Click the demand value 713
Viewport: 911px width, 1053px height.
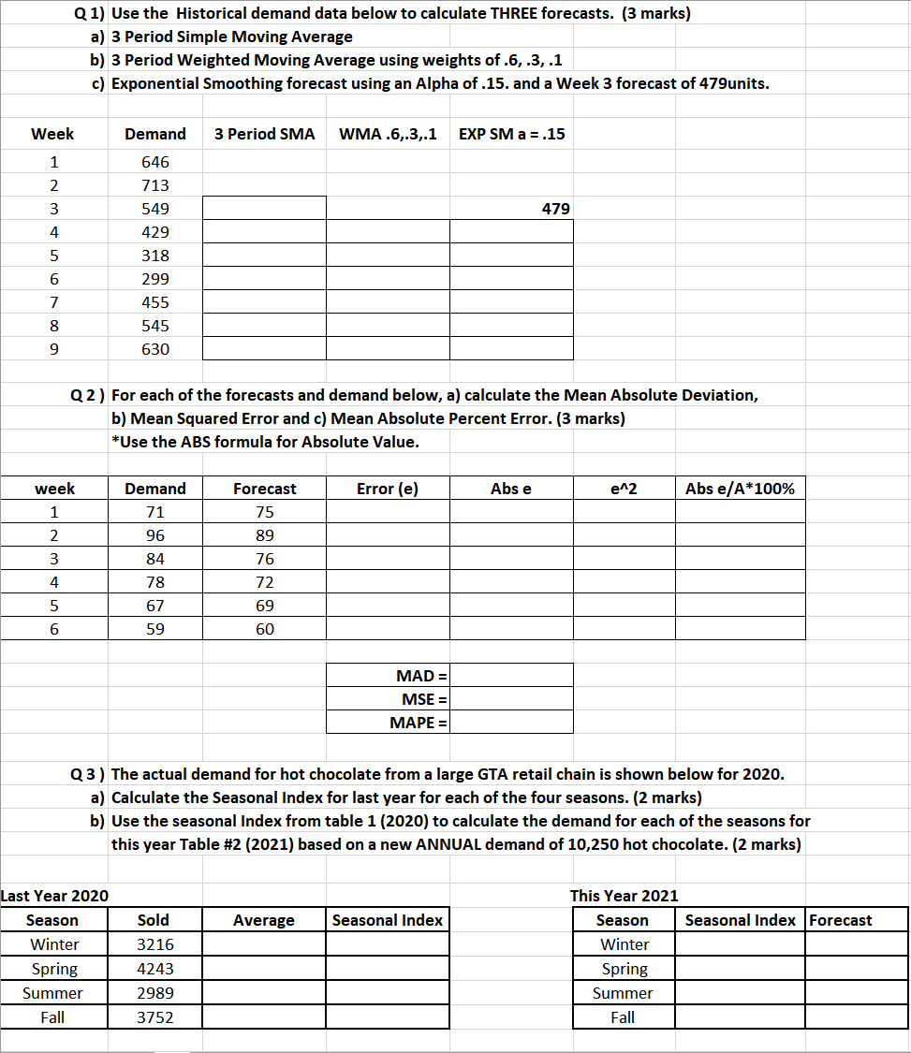(155, 185)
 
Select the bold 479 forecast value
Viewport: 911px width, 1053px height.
(555, 209)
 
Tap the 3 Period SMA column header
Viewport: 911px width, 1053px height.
(264, 134)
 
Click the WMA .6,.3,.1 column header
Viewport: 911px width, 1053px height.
(388, 134)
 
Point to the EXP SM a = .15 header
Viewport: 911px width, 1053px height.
(511, 134)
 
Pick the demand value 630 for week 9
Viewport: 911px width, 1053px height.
(155, 349)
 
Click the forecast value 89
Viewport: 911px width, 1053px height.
(265, 535)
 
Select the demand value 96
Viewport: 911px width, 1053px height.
(155, 535)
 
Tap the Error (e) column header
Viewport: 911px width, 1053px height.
(388, 489)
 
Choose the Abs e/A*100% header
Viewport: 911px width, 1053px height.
(740, 489)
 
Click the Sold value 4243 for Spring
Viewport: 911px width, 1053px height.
(155, 969)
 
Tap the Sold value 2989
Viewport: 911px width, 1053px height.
(155, 993)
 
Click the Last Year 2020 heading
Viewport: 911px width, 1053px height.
(54, 896)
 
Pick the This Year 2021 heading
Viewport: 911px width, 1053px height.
(624, 896)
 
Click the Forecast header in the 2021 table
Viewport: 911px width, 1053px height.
(841, 920)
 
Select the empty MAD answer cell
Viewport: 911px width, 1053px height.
(511, 676)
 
